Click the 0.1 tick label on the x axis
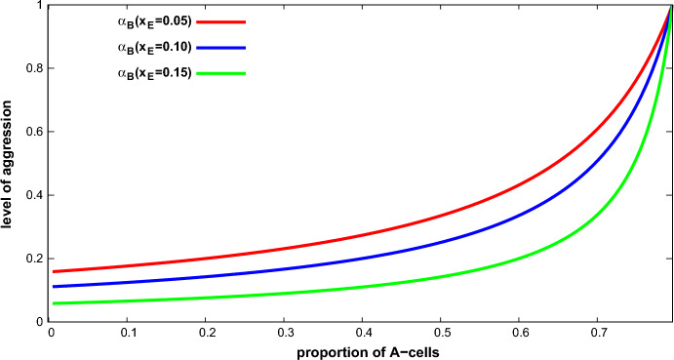click(x=128, y=333)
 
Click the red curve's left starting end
click(x=53, y=271)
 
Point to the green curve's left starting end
click(x=53, y=303)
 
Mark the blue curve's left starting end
click(x=53, y=287)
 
